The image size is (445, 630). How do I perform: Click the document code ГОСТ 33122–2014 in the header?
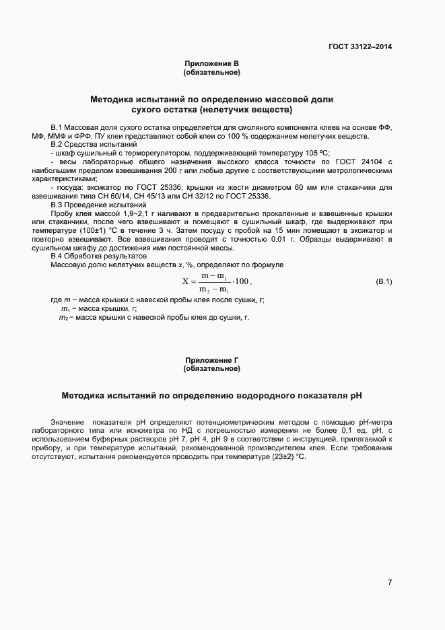click(360, 47)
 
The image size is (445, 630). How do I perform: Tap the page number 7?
click(390, 582)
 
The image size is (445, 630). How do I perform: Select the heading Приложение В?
click(212, 64)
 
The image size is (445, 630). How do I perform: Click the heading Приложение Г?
click(212, 361)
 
